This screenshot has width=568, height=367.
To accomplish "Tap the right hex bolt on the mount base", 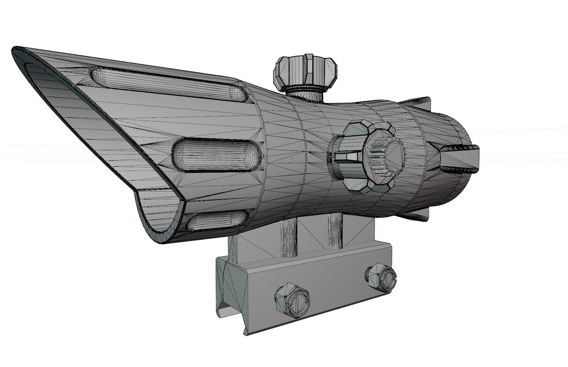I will [x=381, y=277].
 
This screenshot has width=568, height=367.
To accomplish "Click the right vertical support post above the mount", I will [x=335, y=231].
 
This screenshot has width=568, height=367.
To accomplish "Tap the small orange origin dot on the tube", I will [x=292, y=158].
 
